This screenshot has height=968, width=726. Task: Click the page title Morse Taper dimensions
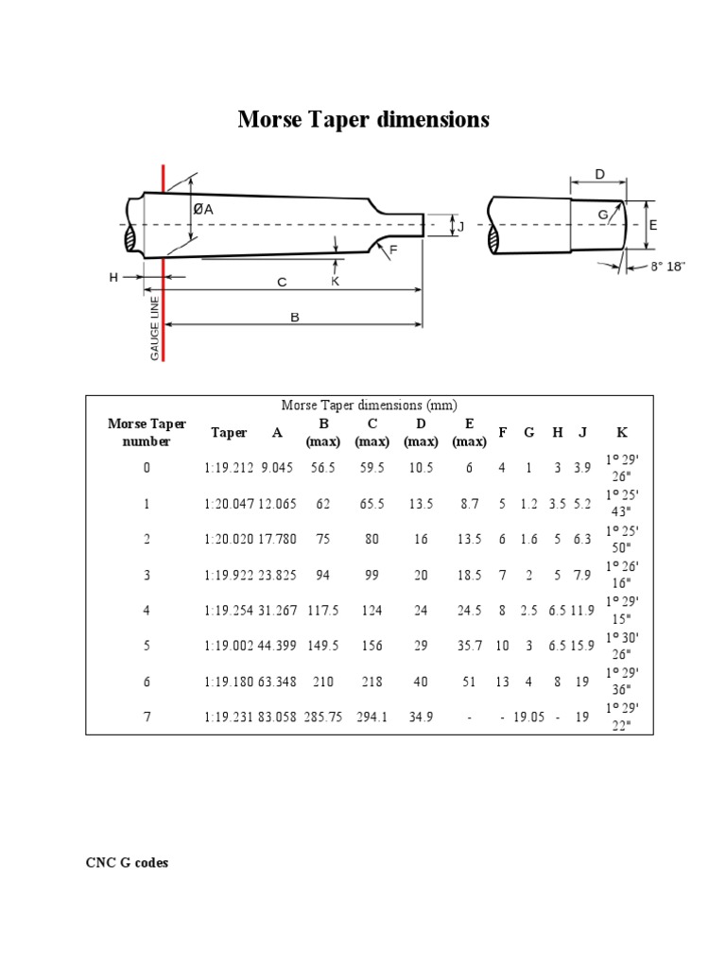(363, 120)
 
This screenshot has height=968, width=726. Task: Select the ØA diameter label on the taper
(202, 210)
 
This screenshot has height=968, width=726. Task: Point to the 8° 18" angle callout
(666, 268)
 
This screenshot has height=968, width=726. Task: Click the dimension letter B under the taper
(294, 318)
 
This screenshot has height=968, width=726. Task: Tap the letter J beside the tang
(461, 226)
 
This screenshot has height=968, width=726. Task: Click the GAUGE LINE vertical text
(154, 326)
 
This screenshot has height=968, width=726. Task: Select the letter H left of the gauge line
(113, 277)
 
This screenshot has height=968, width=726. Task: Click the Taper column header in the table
(229, 433)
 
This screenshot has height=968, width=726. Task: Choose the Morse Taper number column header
(147, 432)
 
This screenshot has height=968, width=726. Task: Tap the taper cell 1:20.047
(229, 505)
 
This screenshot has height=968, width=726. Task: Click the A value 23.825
(277, 576)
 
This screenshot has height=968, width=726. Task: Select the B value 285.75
(323, 717)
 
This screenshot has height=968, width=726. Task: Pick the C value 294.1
(372, 717)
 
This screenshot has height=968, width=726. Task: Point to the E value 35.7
(470, 647)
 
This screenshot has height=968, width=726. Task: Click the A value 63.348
(277, 683)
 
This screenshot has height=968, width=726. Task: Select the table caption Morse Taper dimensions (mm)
(369, 406)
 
